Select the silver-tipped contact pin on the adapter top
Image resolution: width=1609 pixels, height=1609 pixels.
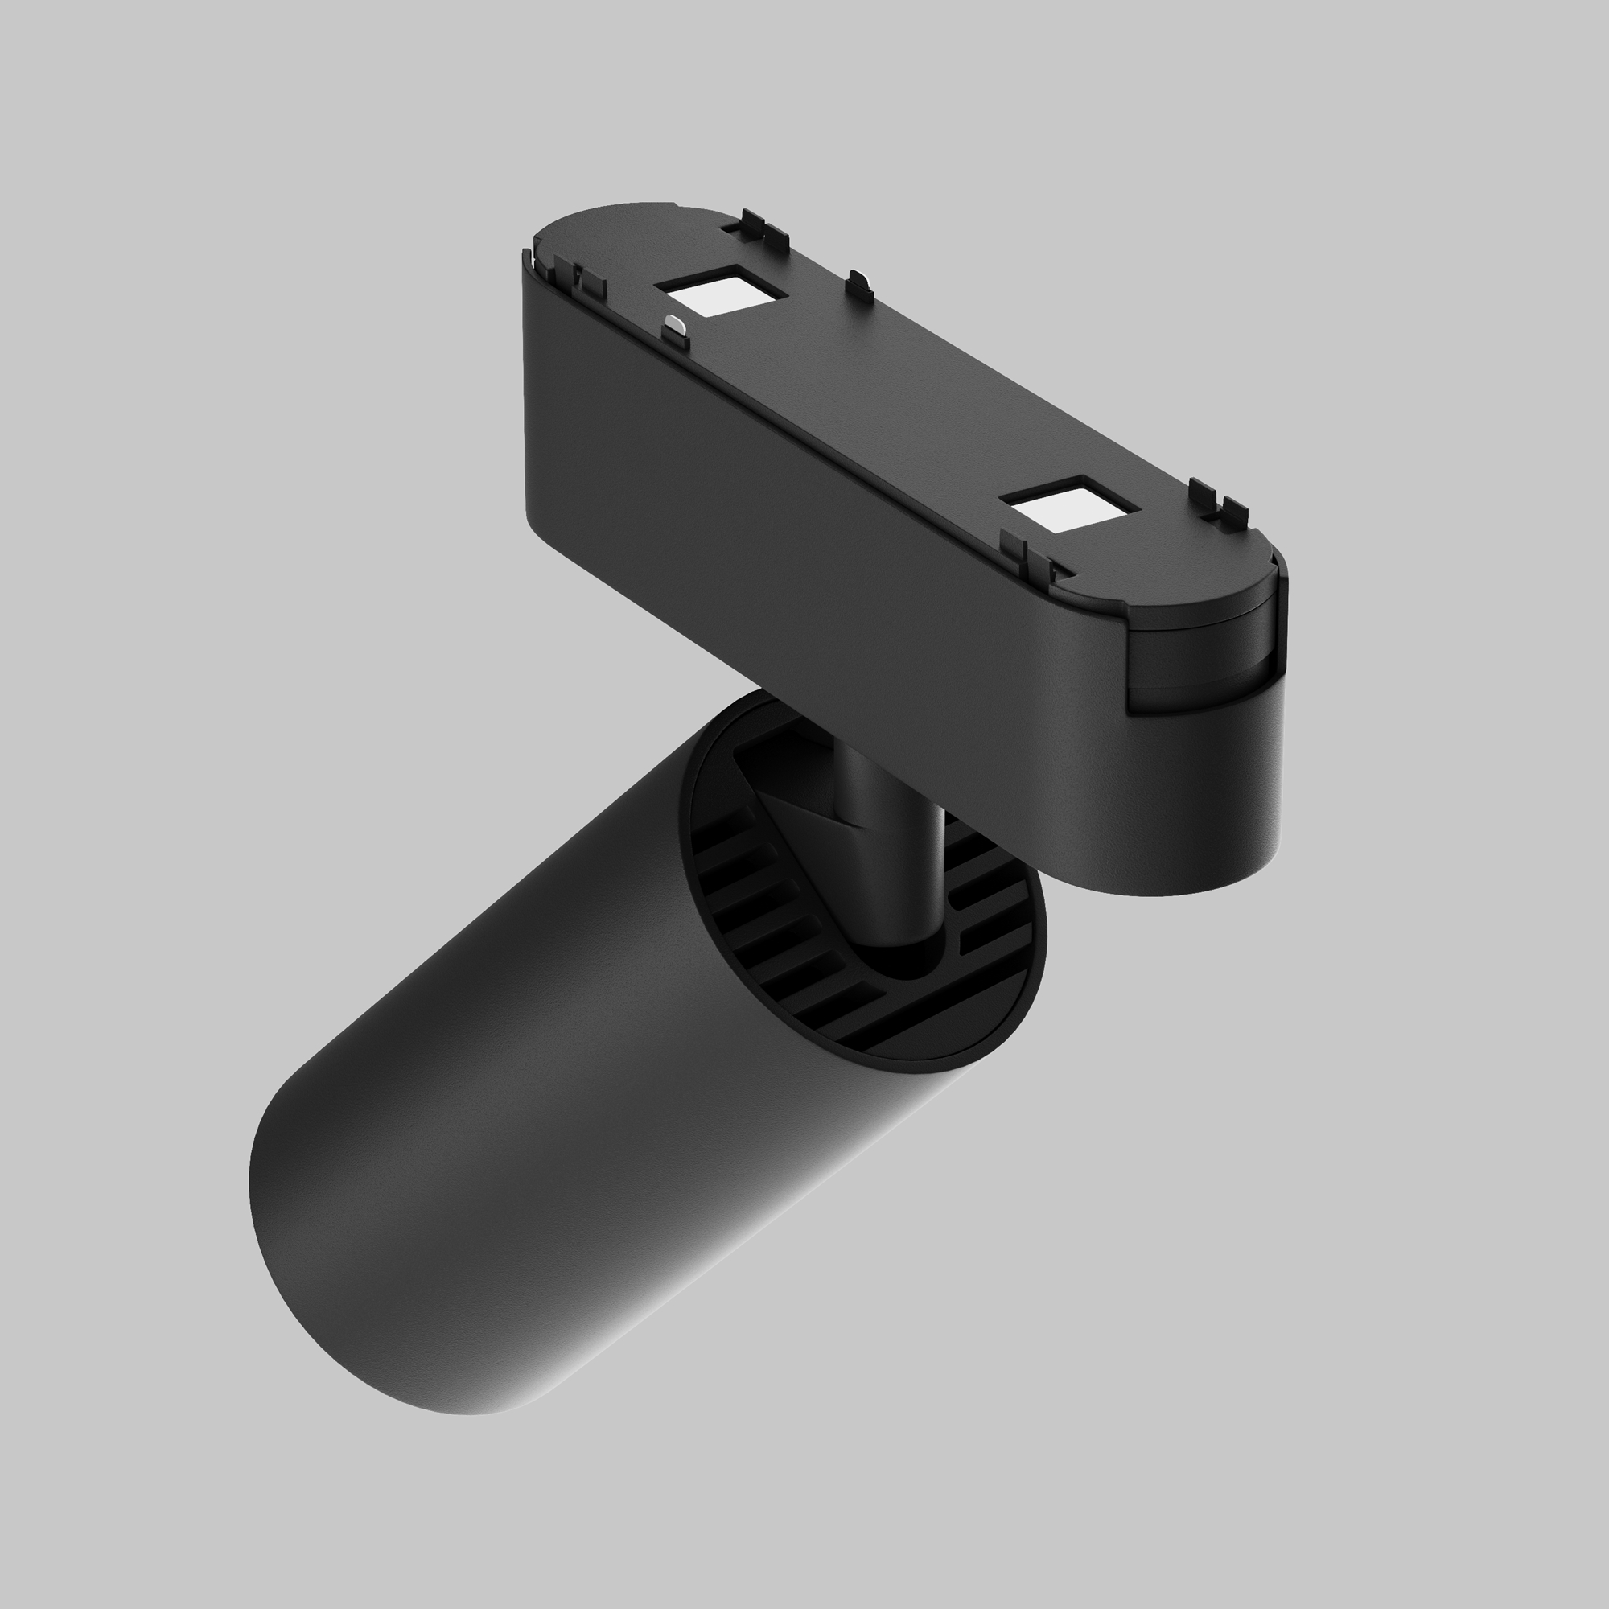coord(676,329)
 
